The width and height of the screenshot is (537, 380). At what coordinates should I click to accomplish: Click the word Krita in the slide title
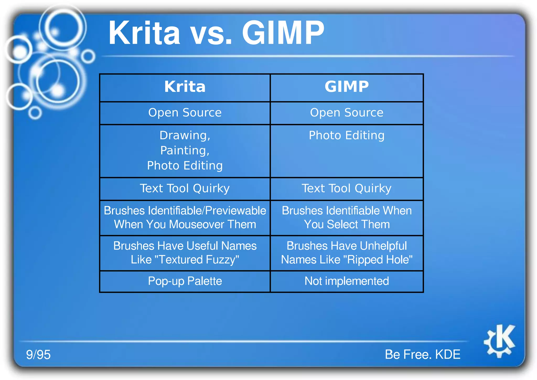[x=144, y=33]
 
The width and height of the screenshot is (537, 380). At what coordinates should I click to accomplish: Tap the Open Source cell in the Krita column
[x=185, y=113]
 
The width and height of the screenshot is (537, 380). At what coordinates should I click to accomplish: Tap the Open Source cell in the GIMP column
[x=347, y=113]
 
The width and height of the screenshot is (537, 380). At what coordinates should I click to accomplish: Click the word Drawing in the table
[x=184, y=135]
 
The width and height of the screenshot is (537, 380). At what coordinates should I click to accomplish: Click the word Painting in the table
[x=184, y=151]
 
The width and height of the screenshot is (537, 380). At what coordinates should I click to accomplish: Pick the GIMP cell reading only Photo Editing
[x=347, y=136]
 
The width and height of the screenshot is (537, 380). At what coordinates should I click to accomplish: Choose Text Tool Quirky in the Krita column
[x=185, y=188]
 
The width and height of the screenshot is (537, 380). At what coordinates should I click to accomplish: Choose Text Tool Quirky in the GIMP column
[x=347, y=188]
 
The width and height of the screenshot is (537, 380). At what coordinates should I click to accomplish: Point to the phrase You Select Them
[x=347, y=225]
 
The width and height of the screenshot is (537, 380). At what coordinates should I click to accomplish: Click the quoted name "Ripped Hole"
[x=378, y=260]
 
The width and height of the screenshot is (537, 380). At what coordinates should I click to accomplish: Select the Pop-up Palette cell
[x=185, y=281]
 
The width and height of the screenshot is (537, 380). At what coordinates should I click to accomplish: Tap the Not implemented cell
[x=347, y=281]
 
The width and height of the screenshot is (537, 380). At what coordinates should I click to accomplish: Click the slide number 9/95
[x=38, y=355]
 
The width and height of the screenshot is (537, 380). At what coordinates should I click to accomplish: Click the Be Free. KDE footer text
[x=422, y=355]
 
